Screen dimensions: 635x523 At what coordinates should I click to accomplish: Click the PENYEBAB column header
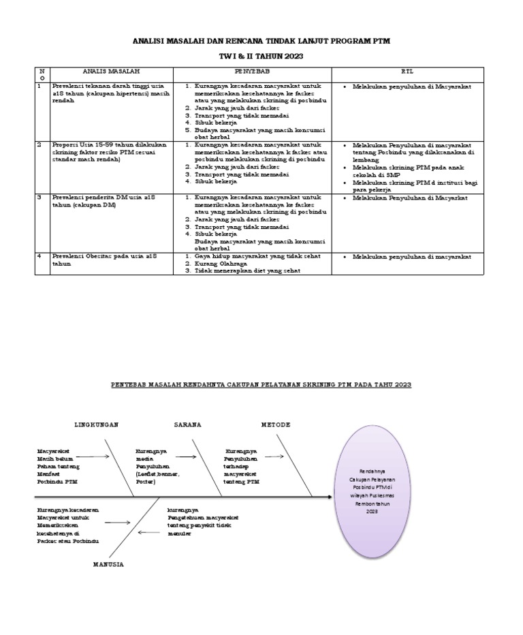pyautogui.click(x=251, y=71)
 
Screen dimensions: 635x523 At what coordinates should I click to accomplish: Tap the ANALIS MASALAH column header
pyautogui.click(x=111, y=71)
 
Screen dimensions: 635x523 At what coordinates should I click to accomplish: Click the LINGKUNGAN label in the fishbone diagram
pyautogui.click(x=96, y=424)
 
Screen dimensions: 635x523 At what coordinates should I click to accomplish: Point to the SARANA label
pyautogui.click(x=187, y=424)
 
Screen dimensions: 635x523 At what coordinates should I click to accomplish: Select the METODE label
pyautogui.click(x=276, y=424)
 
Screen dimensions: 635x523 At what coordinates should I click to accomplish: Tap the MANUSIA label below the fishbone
pyautogui.click(x=108, y=565)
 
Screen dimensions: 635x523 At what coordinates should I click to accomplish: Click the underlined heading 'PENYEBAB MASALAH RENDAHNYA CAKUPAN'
pyautogui.click(x=261, y=385)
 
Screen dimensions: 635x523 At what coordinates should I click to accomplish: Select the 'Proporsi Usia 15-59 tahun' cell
pyautogui.click(x=111, y=153)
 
